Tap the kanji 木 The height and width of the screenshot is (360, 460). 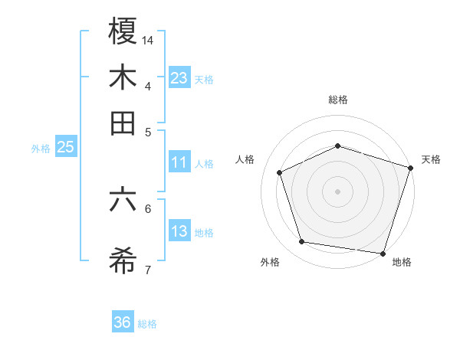(x=123, y=78)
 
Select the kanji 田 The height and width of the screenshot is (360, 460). (x=123, y=123)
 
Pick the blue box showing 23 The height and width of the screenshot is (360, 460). (x=179, y=77)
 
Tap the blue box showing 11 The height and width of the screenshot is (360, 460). (x=179, y=162)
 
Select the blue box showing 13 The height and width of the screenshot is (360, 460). (x=179, y=232)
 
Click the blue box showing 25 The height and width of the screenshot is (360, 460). (x=65, y=148)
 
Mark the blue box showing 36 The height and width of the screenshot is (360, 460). (x=123, y=322)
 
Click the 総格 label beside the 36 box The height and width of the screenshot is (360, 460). (x=147, y=324)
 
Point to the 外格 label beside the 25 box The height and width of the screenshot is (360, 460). (x=41, y=149)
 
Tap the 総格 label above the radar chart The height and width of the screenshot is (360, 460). (x=337, y=100)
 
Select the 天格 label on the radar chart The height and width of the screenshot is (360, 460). (x=431, y=159)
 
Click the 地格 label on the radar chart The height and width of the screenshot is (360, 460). (x=402, y=262)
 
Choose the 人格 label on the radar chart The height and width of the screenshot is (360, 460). (x=245, y=159)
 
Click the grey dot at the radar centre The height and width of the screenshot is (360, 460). (x=337, y=191)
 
